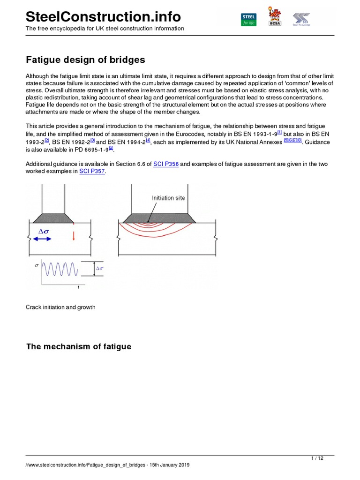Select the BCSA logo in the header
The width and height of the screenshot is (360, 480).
click(x=275, y=17)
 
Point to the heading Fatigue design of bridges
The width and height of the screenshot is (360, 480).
click(x=85, y=60)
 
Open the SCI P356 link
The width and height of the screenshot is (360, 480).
click(x=166, y=164)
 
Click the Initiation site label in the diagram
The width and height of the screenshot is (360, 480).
click(x=168, y=198)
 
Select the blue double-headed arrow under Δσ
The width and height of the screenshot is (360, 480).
click(x=43, y=239)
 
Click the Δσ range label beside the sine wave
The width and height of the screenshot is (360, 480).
click(x=100, y=269)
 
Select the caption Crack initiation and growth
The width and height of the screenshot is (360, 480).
click(x=60, y=307)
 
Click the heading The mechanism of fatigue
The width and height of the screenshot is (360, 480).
click(x=79, y=346)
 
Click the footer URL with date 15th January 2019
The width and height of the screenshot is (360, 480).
click(x=107, y=465)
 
